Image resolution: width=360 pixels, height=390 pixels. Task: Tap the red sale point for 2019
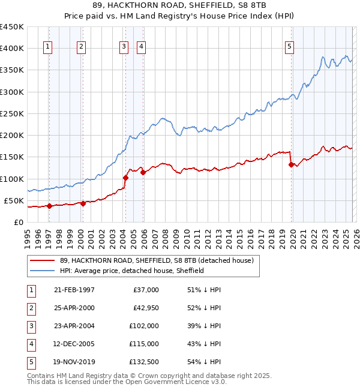[291, 164]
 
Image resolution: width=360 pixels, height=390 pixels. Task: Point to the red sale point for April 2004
[125, 178]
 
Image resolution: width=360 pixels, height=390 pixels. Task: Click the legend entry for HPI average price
[132, 271]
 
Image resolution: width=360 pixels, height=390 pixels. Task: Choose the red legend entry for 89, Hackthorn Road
[157, 260]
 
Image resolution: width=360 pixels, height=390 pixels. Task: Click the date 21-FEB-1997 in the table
[74, 290]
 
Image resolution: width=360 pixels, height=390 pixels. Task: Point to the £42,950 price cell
[145, 308]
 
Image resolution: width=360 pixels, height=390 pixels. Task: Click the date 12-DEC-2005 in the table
[74, 344]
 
